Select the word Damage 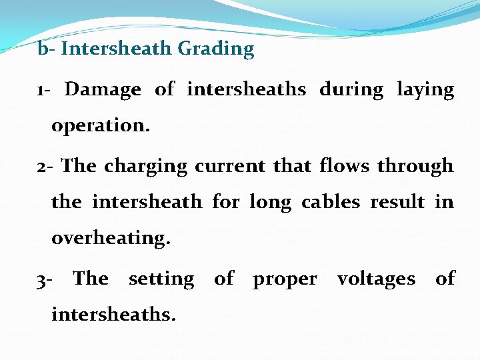coord(103,90)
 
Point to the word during coord(351,90)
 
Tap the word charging coord(145,166)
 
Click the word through coord(415,166)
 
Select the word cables coord(332,201)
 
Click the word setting coord(161,279)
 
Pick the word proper coord(285,279)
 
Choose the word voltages coord(376,279)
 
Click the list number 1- coord(45,90)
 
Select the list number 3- coord(45,279)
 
